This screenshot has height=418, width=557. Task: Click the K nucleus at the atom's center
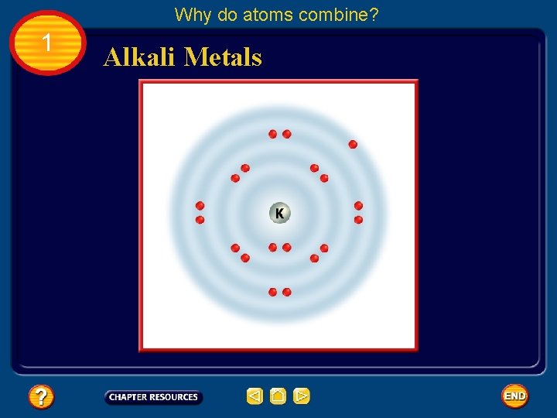click(279, 213)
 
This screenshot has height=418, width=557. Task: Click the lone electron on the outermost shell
click(353, 144)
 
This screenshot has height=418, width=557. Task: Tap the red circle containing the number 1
click(48, 43)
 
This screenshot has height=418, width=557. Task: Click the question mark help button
click(41, 397)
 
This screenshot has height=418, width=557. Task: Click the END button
click(514, 396)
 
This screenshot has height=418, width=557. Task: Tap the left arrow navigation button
click(255, 397)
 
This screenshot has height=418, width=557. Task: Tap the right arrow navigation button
click(302, 397)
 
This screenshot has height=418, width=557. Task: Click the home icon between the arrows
click(278, 397)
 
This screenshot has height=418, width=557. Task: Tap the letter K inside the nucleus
click(279, 213)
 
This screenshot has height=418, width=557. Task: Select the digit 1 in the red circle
click(47, 43)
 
